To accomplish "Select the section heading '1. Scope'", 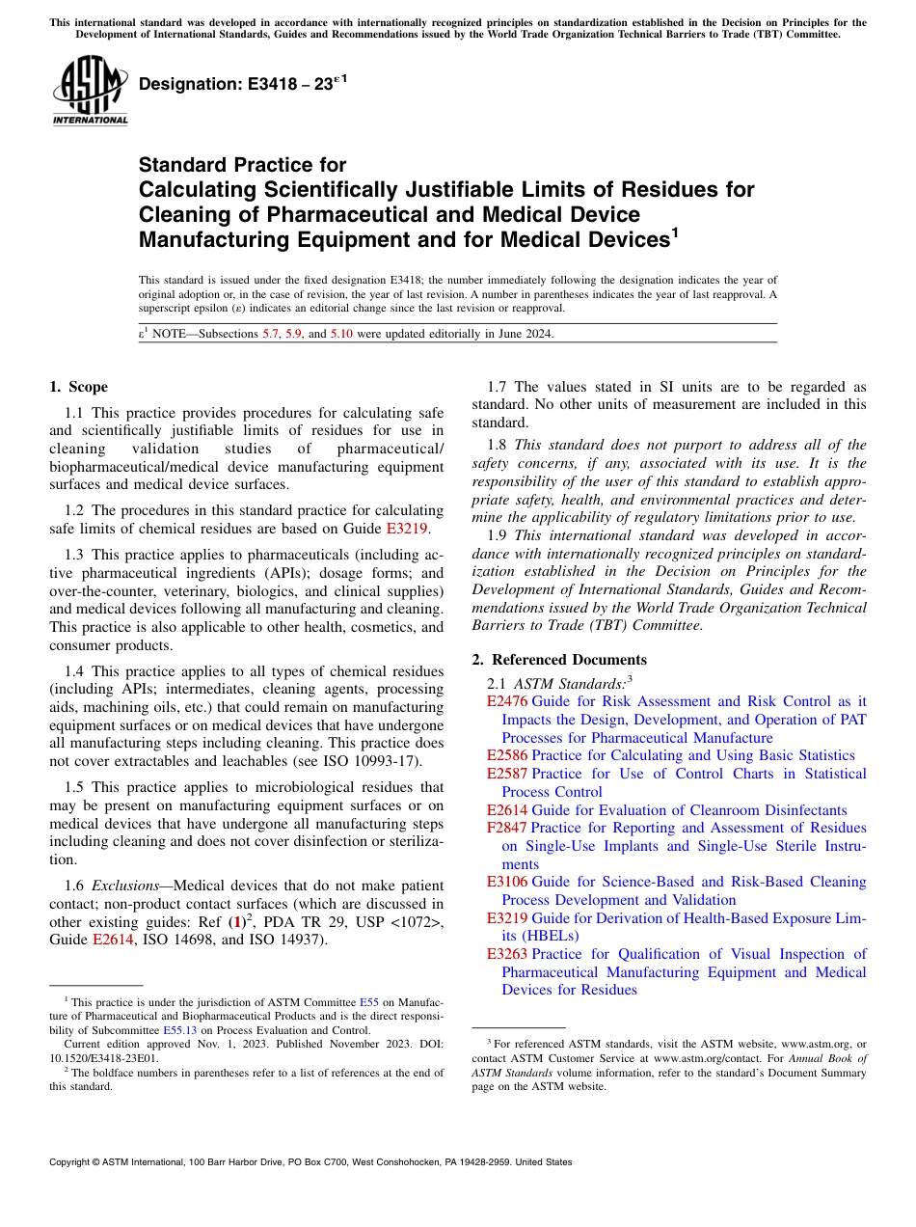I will pyautogui.click(x=79, y=387).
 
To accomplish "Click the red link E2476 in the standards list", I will pyautogui.click(x=507, y=701).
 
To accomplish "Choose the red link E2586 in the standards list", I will pyautogui.click(x=507, y=755).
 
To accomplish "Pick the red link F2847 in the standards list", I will pyautogui.click(x=507, y=828).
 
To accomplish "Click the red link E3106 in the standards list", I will pyautogui.click(x=507, y=882).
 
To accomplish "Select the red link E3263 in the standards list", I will pyautogui.click(x=507, y=954).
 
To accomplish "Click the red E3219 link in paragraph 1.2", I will pyautogui.click(x=415, y=528).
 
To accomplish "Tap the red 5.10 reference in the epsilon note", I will pyautogui.click(x=342, y=334).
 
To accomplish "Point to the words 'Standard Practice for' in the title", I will pyautogui.click(x=242, y=165).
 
